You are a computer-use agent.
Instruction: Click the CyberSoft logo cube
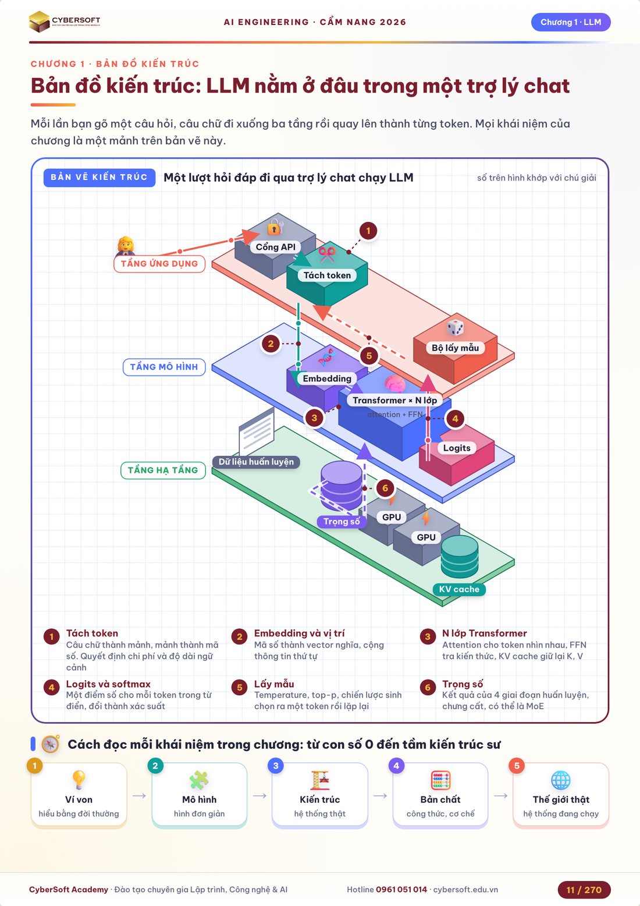(x=39, y=22)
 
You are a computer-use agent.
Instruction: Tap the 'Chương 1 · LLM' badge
(x=571, y=22)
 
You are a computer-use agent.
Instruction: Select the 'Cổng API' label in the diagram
(x=276, y=247)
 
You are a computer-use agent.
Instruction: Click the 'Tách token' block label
(x=327, y=275)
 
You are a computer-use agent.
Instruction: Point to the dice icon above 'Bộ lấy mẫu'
(x=456, y=327)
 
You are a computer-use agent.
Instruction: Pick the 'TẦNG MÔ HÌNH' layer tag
(x=164, y=367)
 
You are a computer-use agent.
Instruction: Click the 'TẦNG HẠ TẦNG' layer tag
(x=163, y=470)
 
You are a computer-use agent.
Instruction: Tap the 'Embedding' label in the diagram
(x=327, y=378)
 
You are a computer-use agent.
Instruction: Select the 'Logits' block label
(x=457, y=448)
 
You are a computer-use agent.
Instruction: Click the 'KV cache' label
(x=459, y=589)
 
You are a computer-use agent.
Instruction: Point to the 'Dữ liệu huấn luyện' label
(x=256, y=462)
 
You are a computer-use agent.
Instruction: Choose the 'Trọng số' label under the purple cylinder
(x=342, y=521)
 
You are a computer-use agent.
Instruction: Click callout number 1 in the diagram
(x=368, y=231)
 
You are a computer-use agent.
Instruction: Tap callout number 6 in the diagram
(x=385, y=488)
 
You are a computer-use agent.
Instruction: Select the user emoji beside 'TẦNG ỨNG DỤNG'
(x=126, y=246)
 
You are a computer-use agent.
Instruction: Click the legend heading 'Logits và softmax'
(x=108, y=684)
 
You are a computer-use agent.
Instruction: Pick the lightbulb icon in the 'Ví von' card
(x=79, y=780)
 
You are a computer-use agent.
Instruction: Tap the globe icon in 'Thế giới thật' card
(x=561, y=780)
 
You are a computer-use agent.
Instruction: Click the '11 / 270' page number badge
(x=584, y=890)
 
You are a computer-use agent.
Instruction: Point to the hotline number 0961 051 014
(x=401, y=890)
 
